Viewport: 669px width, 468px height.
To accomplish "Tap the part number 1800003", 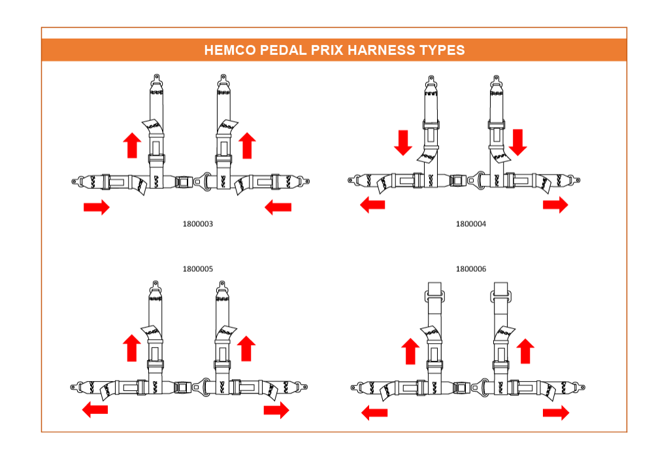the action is tap(197, 224).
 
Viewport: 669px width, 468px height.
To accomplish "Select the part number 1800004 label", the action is tap(470, 224).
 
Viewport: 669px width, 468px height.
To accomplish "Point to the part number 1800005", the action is tap(197, 269).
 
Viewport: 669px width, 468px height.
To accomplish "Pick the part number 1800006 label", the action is tap(470, 269).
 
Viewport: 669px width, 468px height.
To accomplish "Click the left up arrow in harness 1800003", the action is tap(132, 145).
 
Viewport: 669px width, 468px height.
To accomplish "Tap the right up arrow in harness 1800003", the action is tap(247, 146).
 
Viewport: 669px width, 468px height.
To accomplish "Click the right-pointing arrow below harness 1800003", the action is tap(97, 207).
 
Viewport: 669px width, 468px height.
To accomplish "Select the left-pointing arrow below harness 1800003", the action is tap(278, 207).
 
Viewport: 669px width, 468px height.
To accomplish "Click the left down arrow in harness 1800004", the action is tap(402, 142).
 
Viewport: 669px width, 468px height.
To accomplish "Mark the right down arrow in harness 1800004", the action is tap(518, 142).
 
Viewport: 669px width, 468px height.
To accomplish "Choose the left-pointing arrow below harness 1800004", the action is tap(372, 205).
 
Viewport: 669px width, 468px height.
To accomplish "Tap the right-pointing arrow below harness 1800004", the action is tap(555, 205).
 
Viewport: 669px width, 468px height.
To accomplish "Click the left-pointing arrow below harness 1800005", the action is tap(95, 409).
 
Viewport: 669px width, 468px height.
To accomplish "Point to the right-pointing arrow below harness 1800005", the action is tap(276, 410).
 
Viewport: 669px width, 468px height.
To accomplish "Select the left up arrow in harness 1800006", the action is tap(410, 351).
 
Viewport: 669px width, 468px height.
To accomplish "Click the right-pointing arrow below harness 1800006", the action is tap(556, 413).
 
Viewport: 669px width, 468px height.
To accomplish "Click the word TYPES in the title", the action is tap(442, 50).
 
